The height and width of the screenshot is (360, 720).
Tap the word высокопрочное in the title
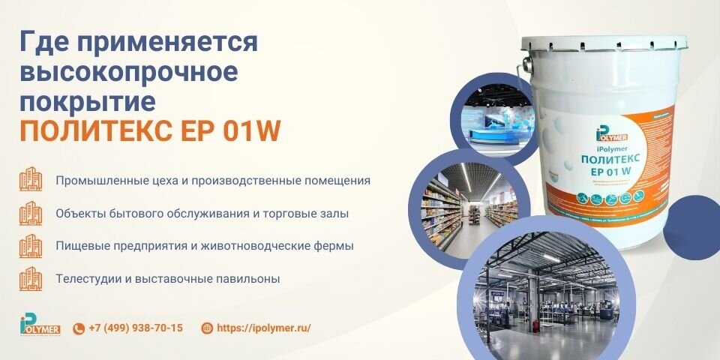pos(129,71)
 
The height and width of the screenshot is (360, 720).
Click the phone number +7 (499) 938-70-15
pos(136,328)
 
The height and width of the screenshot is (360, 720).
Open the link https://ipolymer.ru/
pos(263,328)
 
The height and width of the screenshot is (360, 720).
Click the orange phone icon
pos(79,328)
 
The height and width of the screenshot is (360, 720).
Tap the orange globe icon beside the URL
pos(207,328)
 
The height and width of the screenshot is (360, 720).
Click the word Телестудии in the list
pos(84,279)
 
